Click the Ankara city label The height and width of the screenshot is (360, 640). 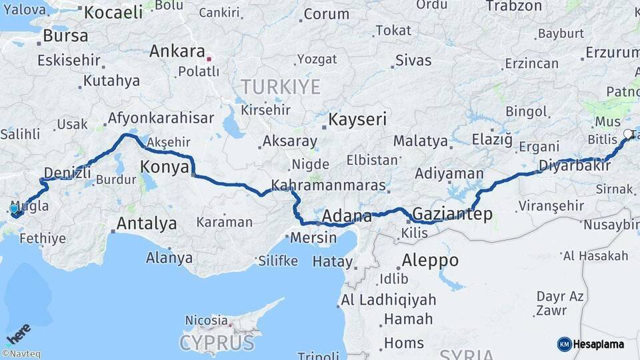[177, 51]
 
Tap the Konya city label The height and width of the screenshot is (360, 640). [165, 167]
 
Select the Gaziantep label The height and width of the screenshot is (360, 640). [452, 214]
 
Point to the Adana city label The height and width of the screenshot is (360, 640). [347, 216]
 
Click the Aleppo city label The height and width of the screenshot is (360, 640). [430, 260]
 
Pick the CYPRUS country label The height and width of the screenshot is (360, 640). [217, 343]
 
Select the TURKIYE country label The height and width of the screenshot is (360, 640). [281, 87]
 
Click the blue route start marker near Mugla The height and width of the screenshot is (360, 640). [14, 209]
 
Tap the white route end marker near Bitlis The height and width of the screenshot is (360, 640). [627, 134]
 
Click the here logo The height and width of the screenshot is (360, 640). [18, 334]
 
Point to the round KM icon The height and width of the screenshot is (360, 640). [564, 344]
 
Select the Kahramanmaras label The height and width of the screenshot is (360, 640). [328, 185]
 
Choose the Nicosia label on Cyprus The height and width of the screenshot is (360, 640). [206, 321]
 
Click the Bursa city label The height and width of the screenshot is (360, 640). [65, 35]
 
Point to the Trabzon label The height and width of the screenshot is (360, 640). [514, 6]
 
